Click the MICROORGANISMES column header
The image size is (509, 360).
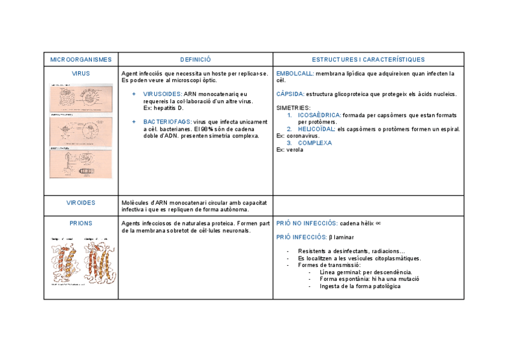coord(81,59)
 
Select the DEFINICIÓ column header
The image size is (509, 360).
coord(196,59)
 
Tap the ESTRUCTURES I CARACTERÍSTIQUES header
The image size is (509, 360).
coord(368,59)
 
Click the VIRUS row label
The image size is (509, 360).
coord(81,74)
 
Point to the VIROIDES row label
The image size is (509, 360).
coord(81,203)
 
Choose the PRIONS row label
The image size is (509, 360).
coord(81,223)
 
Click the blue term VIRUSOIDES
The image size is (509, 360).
coord(163,94)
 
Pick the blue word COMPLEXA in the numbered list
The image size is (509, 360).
coord(315,143)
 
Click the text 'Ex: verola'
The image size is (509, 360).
coord(290,150)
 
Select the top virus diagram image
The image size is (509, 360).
coord(80,97)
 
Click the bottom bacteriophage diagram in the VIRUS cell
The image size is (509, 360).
coord(80,163)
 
